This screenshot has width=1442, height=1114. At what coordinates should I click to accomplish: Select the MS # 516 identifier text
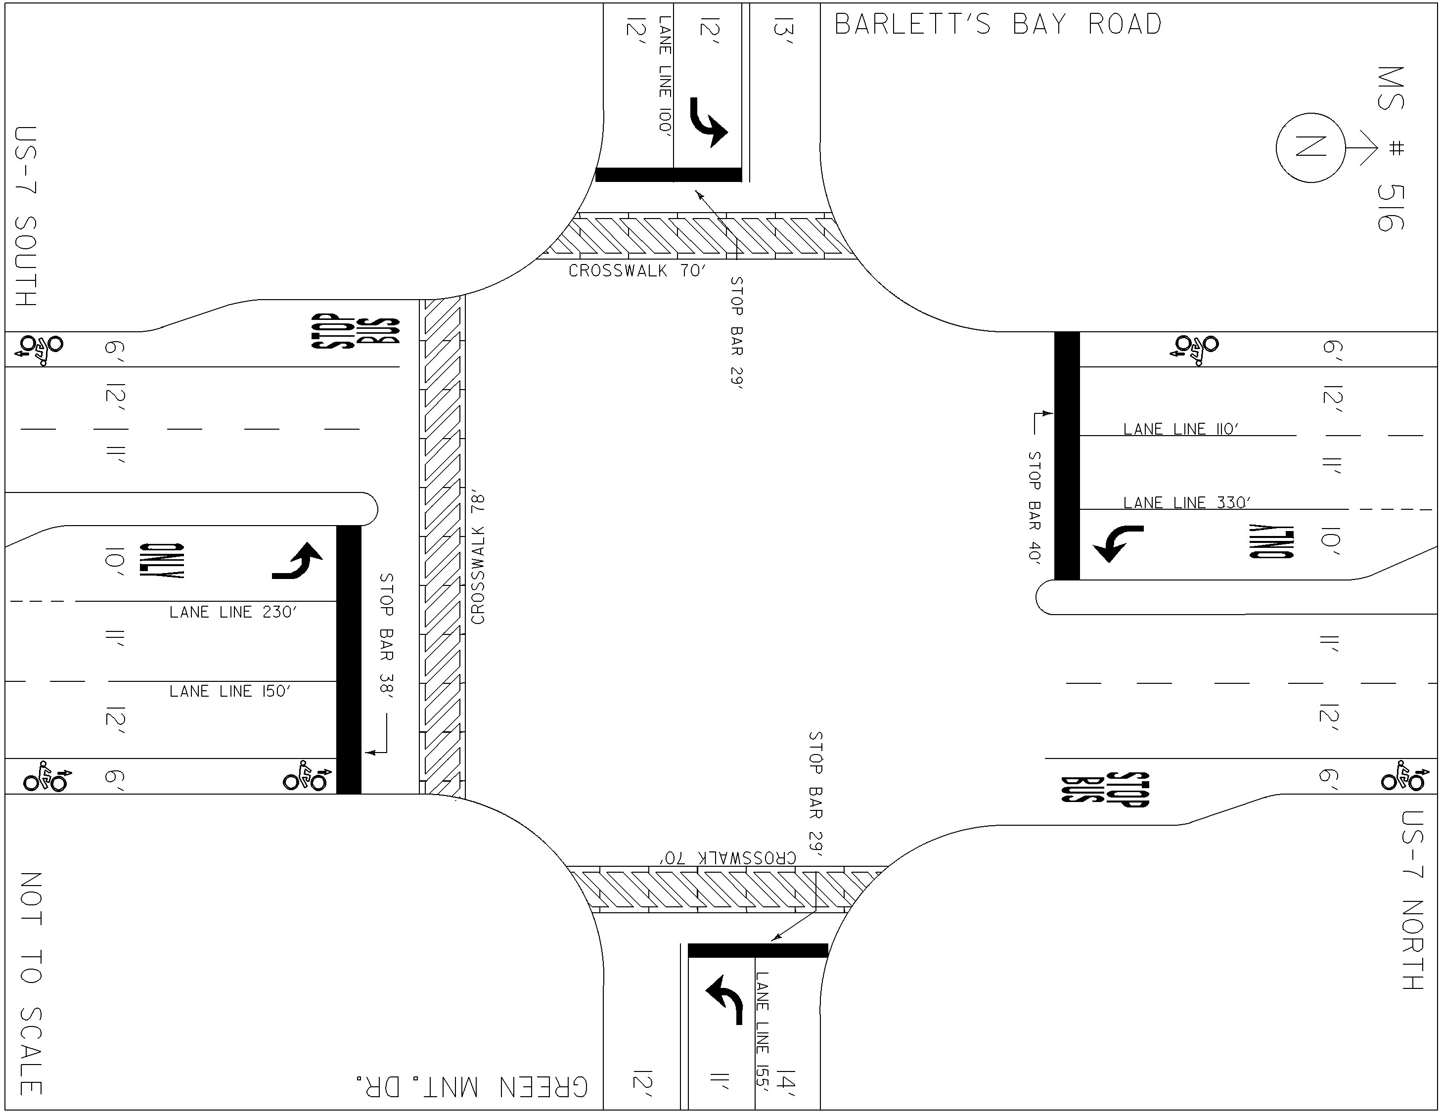[1391, 148]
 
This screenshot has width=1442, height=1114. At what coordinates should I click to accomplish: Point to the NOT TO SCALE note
[30, 983]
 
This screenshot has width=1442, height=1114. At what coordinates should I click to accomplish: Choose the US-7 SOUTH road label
[26, 216]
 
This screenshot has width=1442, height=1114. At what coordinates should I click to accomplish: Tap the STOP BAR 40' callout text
[1034, 506]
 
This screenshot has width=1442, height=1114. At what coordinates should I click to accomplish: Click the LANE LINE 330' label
[1186, 502]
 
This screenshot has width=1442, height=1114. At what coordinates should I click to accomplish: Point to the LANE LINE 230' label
[233, 612]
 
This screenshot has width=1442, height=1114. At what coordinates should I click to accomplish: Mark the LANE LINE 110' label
[1180, 429]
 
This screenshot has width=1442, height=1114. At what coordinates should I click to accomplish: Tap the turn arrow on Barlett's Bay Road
[708, 123]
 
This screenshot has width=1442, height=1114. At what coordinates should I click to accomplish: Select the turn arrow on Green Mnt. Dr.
[725, 999]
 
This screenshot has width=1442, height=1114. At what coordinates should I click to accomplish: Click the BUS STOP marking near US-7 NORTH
[1105, 789]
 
